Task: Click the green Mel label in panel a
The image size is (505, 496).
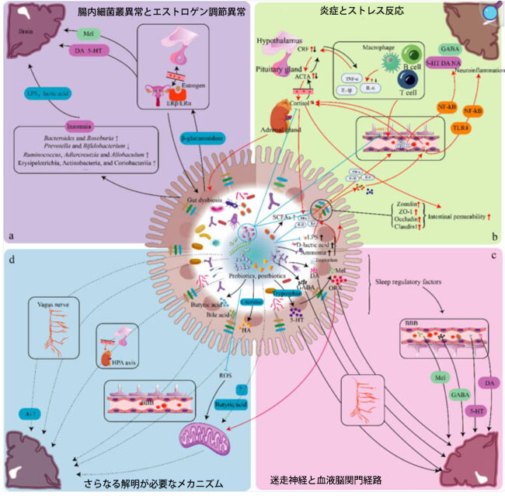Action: click(89, 36)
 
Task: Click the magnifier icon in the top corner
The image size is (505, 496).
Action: click(490, 13)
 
